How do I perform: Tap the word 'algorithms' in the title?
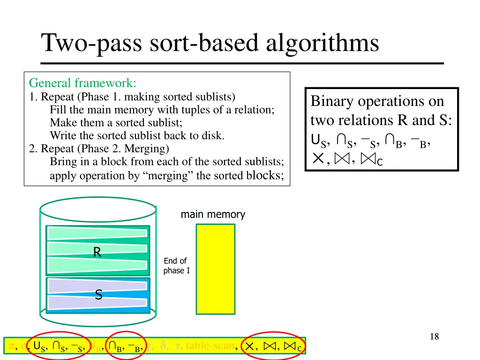click(x=322, y=43)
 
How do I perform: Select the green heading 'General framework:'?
click(x=82, y=83)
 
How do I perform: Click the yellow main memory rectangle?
click(x=215, y=269)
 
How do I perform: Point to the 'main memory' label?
click(x=213, y=215)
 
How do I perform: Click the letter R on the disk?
click(x=97, y=253)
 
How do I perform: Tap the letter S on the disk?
click(x=98, y=295)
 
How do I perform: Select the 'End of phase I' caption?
click(x=176, y=266)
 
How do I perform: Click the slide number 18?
click(x=434, y=336)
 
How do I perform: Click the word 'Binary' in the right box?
click(x=333, y=101)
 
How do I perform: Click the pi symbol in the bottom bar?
click(x=12, y=346)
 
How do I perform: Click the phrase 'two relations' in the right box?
click(x=352, y=120)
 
